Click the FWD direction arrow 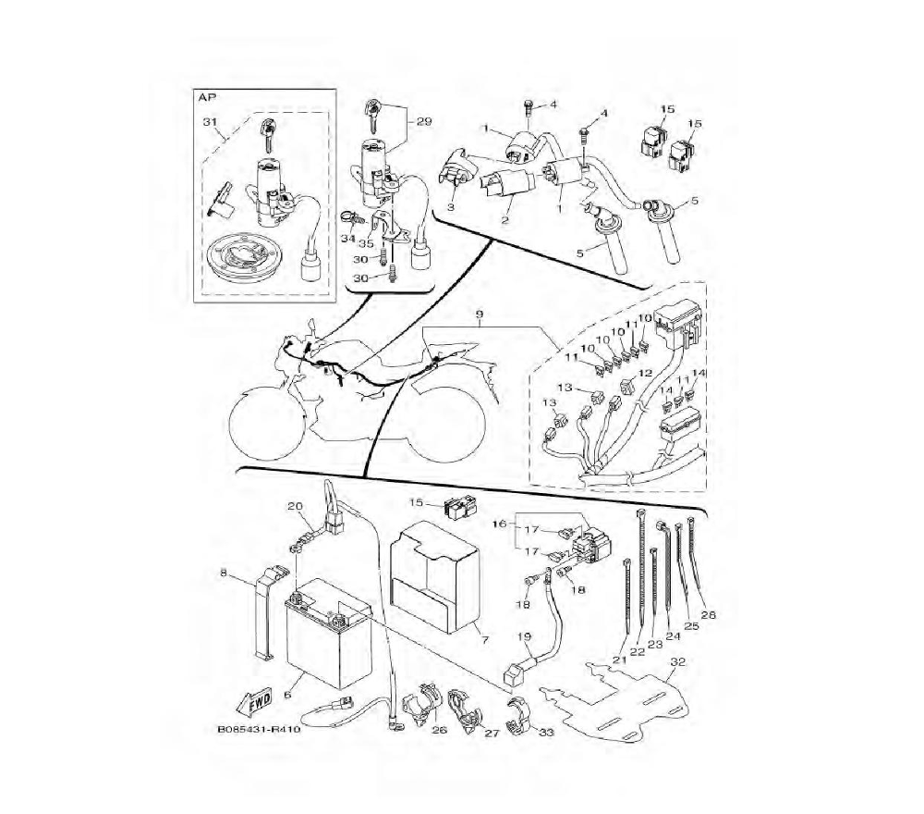click(254, 701)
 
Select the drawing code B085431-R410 click(260, 730)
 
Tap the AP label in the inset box click(206, 97)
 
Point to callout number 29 click(424, 121)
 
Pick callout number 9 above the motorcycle click(480, 315)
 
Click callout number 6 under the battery click(287, 695)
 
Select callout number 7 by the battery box click(485, 639)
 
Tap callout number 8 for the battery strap click(224, 573)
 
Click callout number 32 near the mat click(678, 661)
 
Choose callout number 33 click(547, 733)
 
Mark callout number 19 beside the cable click(525, 636)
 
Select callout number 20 click(296, 505)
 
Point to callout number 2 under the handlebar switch click(505, 220)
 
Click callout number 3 click(451, 206)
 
